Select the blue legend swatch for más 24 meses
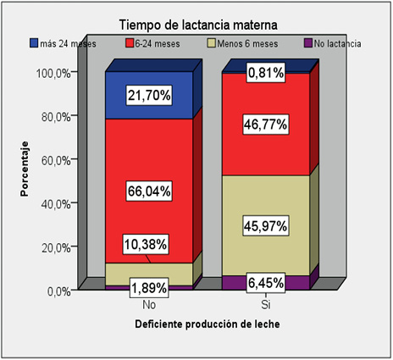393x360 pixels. (x=34, y=42)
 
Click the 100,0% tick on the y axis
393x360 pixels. (x=53, y=73)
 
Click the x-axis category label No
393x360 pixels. (x=149, y=304)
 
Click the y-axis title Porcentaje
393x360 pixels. (x=26, y=169)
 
